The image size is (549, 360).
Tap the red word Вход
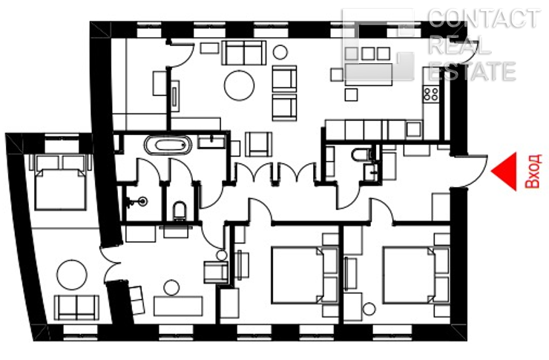tap(533, 171)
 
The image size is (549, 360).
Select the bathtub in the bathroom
tap(168, 145)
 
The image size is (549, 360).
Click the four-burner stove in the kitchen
tap(431, 94)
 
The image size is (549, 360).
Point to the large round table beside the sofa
tap(239, 85)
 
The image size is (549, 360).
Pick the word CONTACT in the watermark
tap(484, 19)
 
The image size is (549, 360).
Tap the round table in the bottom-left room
tap(72, 275)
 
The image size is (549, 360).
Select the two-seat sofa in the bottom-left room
tap(76, 307)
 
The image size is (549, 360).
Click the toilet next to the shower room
tap(180, 211)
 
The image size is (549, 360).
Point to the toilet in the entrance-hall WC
tap(361, 154)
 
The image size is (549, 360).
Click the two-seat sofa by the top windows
tap(243, 53)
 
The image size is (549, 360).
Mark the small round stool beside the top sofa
tap(280, 52)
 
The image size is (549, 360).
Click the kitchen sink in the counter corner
tap(414, 130)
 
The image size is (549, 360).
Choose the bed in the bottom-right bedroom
tap(416, 275)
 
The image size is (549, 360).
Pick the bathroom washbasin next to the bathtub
tap(211, 143)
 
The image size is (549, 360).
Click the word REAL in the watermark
tap(459, 45)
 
